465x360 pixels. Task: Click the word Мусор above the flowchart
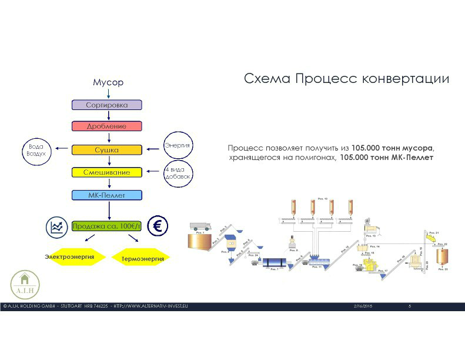click(108, 82)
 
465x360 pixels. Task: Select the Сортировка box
click(107, 105)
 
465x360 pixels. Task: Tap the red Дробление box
click(107, 126)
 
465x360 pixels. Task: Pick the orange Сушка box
click(107, 150)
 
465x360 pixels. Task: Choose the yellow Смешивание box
click(108, 172)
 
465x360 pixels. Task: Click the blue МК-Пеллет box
click(107, 195)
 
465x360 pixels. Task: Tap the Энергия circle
click(178, 145)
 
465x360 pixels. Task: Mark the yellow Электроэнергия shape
click(69, 256)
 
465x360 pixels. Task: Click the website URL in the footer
click(150, 306)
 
